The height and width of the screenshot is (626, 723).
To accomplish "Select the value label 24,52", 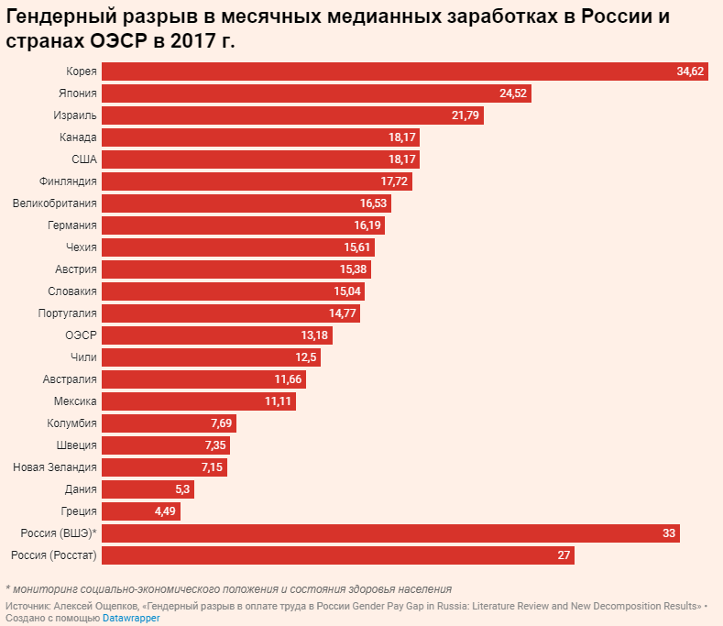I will tap(514, 93).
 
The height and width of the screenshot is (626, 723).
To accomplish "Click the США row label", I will tap(84, 159).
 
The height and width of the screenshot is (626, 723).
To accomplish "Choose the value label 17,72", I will tap(394, 181).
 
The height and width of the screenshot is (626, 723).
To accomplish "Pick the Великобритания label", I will tap(55, 203).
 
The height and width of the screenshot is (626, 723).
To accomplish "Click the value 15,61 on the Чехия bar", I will tap(356, 247).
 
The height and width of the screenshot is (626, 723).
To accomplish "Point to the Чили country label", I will tap(83, 357).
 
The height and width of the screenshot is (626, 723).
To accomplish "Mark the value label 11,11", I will tap(278, 401).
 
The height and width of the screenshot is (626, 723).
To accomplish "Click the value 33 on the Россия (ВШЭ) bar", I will tap(668, 533).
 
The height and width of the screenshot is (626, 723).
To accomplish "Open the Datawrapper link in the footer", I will tap(131, 619).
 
